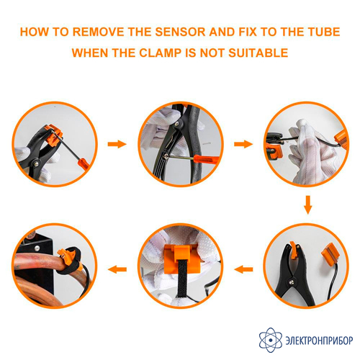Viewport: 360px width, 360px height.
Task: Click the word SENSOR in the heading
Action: point(180,32)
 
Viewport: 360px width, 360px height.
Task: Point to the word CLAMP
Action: point(160,53)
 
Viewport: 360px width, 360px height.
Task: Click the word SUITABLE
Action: point(258,53)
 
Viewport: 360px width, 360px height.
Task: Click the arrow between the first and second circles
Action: point(117,144)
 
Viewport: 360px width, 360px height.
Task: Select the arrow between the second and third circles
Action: point(243,144)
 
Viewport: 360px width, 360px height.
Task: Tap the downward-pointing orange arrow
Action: point(308,204)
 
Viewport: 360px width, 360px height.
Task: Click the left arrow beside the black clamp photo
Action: point(243,269)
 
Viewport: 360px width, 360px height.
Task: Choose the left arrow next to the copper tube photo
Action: point(117,269)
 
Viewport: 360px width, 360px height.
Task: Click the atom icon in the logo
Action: point(271,340)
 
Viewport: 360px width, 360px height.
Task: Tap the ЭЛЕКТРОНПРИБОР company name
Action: point(319,341)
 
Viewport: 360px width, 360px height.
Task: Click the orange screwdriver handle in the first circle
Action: point(84,163)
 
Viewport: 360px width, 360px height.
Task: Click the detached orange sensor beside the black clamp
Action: point(330,253)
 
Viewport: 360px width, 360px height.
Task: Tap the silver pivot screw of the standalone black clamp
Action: point(292,282)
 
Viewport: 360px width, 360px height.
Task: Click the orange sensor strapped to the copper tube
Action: point(64,254)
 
